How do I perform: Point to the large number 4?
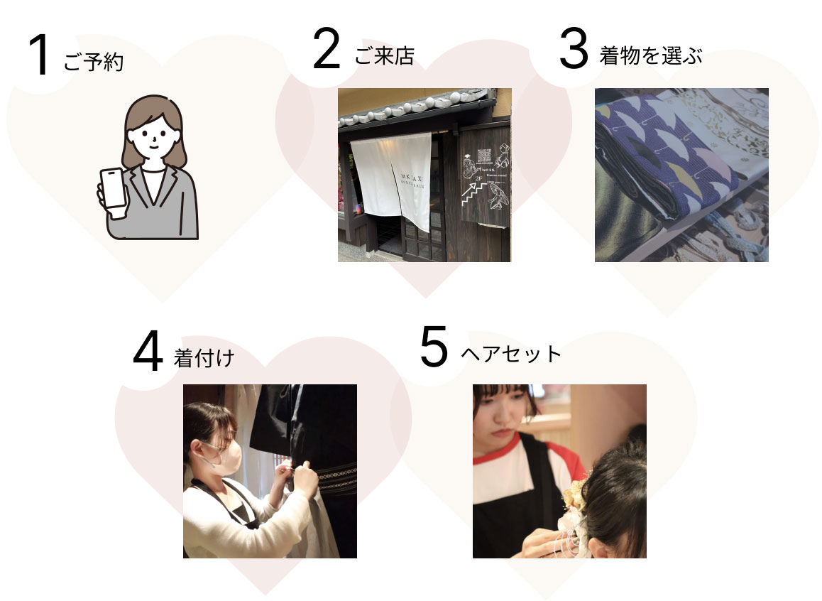148,353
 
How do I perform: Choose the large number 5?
434,348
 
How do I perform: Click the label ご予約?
93,63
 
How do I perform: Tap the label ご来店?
384,57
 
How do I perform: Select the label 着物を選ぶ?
650,57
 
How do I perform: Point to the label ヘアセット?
511,353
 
